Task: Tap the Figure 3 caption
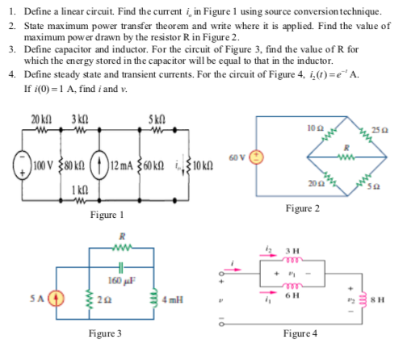tap(106, 333)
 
